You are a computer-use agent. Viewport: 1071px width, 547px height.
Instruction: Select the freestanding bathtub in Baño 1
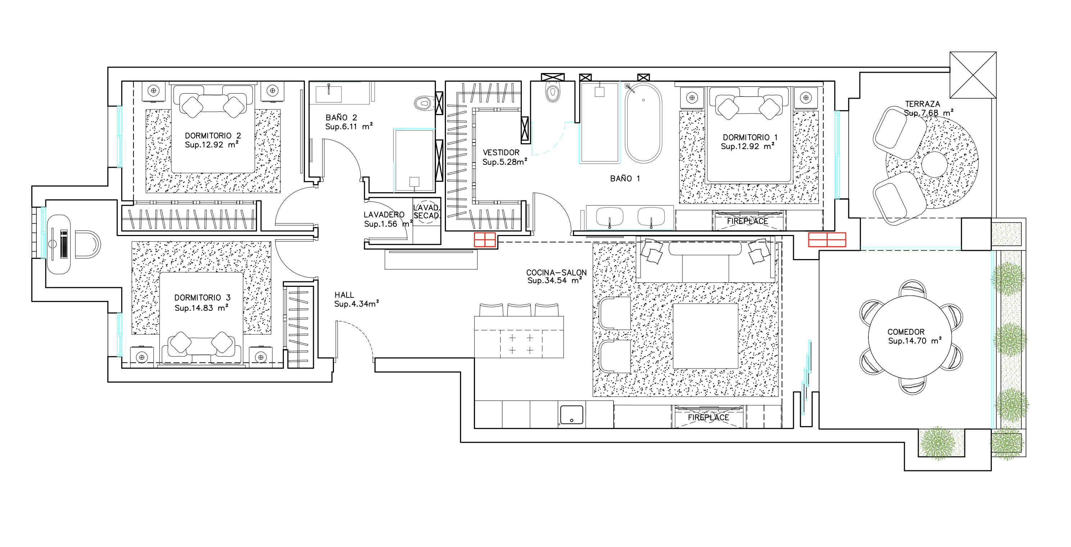[643, 123]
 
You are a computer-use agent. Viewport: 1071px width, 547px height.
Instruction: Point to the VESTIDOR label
[501, 153]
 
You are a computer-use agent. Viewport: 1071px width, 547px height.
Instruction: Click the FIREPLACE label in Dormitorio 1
[747, 221]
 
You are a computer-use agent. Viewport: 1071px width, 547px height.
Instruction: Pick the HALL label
[344, 295]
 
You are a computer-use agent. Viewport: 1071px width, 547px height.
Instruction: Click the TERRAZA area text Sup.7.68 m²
[928, 113]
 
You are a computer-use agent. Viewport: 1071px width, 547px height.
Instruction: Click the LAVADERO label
[384, 214]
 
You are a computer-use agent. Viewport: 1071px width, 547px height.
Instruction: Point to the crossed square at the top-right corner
[973, 75]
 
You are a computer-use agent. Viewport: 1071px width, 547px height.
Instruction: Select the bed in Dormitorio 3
[201, 318]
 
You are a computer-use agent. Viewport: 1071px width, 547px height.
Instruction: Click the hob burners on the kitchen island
[521, 344]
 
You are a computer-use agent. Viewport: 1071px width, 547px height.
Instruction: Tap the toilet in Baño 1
[552, 92]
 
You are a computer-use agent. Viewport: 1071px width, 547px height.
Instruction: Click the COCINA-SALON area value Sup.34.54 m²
[554, 281]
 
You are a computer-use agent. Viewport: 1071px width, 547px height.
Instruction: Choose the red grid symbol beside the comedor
[827, 240]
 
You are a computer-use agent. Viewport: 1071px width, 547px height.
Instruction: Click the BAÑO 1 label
[625, 178]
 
